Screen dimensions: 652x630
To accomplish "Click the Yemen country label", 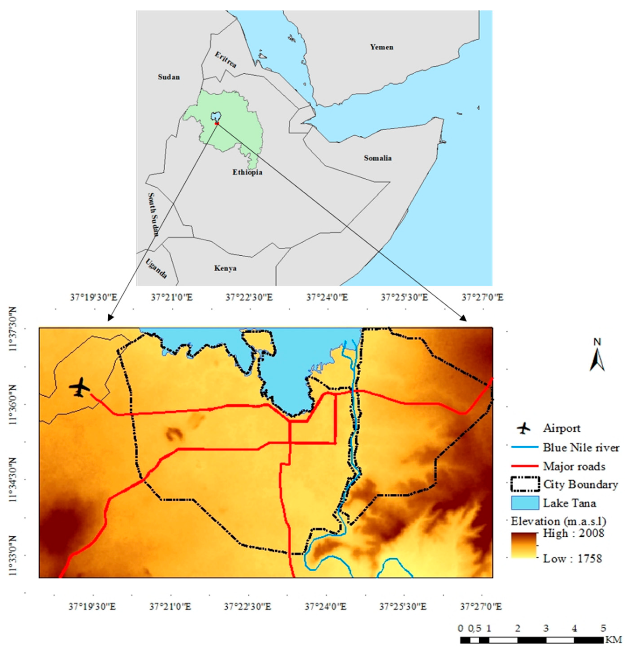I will pyautogui.click(x=382, y=47).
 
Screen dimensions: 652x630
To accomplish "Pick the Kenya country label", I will pyautogui.click(x=225, y=268).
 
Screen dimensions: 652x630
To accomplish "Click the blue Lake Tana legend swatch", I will pyautogui.click(x=525, y=503).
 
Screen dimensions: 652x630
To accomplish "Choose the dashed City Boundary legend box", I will pyautogui.click(x=525, y=484).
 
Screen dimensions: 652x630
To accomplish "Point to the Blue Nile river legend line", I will pyautogui.click(x=525, y=447).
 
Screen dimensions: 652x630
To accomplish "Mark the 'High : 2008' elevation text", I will pyautogui.click(x=573, y=533).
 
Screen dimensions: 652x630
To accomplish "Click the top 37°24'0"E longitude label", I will pyautogui.click(x=327, y=297).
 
